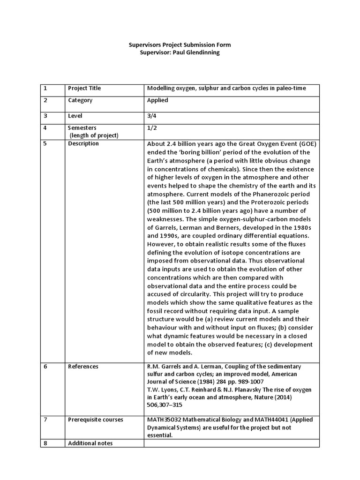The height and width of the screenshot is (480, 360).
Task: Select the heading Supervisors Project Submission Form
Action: (x=180, y=45)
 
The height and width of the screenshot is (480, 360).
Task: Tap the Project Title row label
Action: (x=84, y=88)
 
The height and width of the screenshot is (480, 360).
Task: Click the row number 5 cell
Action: (x=45, y=144)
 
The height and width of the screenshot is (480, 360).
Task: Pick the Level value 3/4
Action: (x=152, y=116)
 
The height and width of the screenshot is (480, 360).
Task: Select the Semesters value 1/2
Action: (x=152, y=127)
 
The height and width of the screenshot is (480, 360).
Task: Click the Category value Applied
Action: (x=157, y=100)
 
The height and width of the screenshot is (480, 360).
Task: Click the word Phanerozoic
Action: (x=246, y=195)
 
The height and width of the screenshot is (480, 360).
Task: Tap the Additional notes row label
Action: (x=90, y=443)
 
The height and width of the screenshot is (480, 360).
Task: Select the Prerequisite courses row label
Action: (x=96, y=420)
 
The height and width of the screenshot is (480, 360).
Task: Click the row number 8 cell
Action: (x=45, y=443)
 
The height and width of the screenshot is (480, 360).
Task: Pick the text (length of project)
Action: (x=94, y=135)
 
